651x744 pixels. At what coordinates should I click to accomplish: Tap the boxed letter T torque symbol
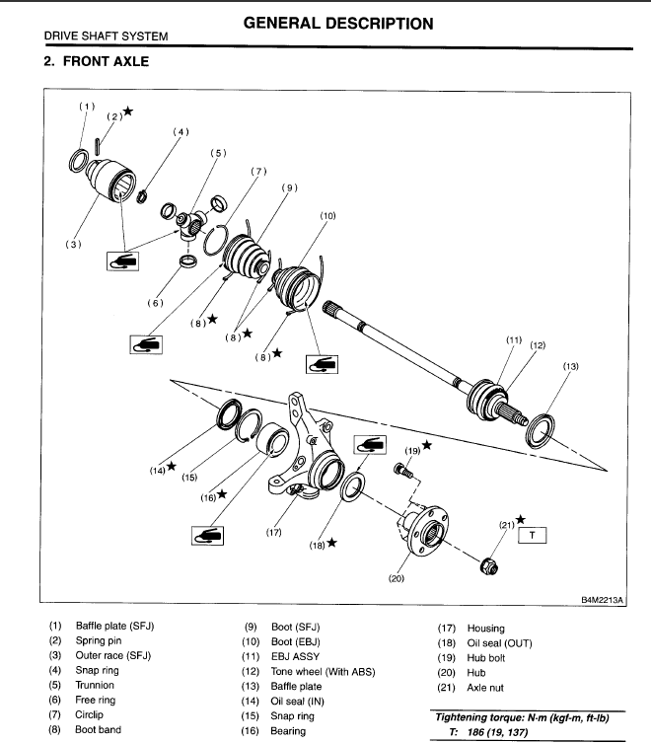click(534, 536)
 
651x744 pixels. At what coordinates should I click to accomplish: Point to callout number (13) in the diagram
click(571, 367)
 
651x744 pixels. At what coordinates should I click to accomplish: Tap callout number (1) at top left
click(88, 107)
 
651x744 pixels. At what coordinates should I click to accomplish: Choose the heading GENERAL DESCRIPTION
click(337, 24)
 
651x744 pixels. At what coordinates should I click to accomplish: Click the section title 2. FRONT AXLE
click(97, 62)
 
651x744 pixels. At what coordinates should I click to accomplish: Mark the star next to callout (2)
click(128, 112)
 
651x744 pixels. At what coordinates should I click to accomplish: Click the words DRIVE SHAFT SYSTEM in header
click(106, 37)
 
